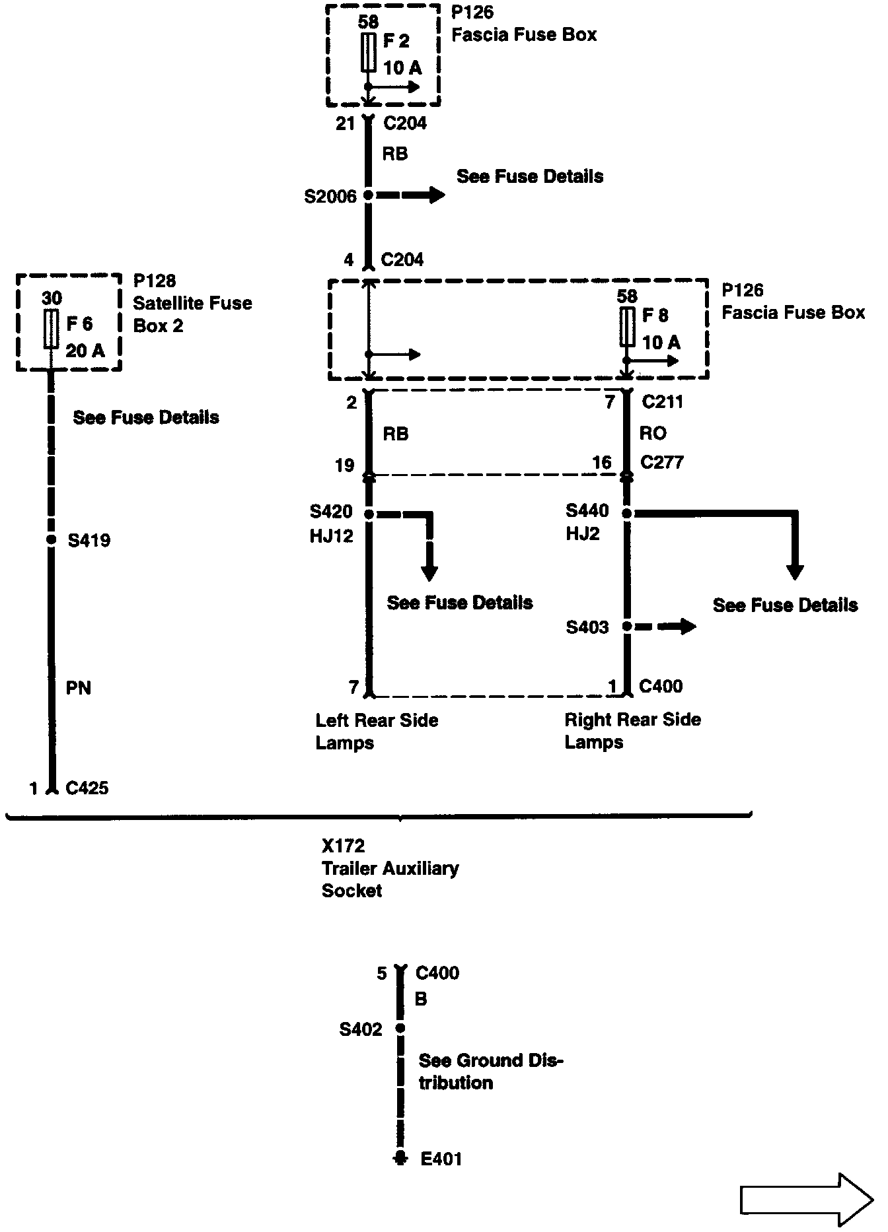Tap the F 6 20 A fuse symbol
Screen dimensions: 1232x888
pyautogui.click(x=51, y=330)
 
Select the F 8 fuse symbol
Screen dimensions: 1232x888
pyautogui.click(x=627, y=326)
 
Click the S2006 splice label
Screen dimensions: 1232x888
pyautogui.click(x=330, y=196)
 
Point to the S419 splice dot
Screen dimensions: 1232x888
pyautogui.click(x=51, y=539)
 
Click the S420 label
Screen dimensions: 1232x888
pyautogui.click(x=331, y=512)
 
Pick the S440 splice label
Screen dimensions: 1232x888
pyautogui.click(x=587, y=511)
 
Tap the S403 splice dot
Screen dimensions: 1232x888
pyautogui.click(x=628, y=626)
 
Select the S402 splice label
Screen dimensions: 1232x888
pyautogui.click(x=361, y=1029)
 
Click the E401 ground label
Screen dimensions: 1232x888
pyautogui.click(x=441, y=1158)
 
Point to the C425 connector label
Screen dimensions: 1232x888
pyautogui.click(x=87, y=788)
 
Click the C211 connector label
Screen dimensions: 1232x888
pyautogui.click(x=662, y=401)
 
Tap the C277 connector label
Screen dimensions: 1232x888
pyautogui.click(x=662, y=462)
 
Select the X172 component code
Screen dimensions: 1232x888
pyautogui.click(x=343, y=846)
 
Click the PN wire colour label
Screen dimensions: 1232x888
pyautogui.click(x=78, y=688)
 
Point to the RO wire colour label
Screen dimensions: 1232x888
pyautogui.click(x=653, y=433)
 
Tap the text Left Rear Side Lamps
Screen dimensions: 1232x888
pyautogui.click(x=377, y=731)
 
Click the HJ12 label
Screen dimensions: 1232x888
pyautogui.click(x=331, y=536)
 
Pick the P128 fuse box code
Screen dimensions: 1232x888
pyautogui.click(x=155, y=281)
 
